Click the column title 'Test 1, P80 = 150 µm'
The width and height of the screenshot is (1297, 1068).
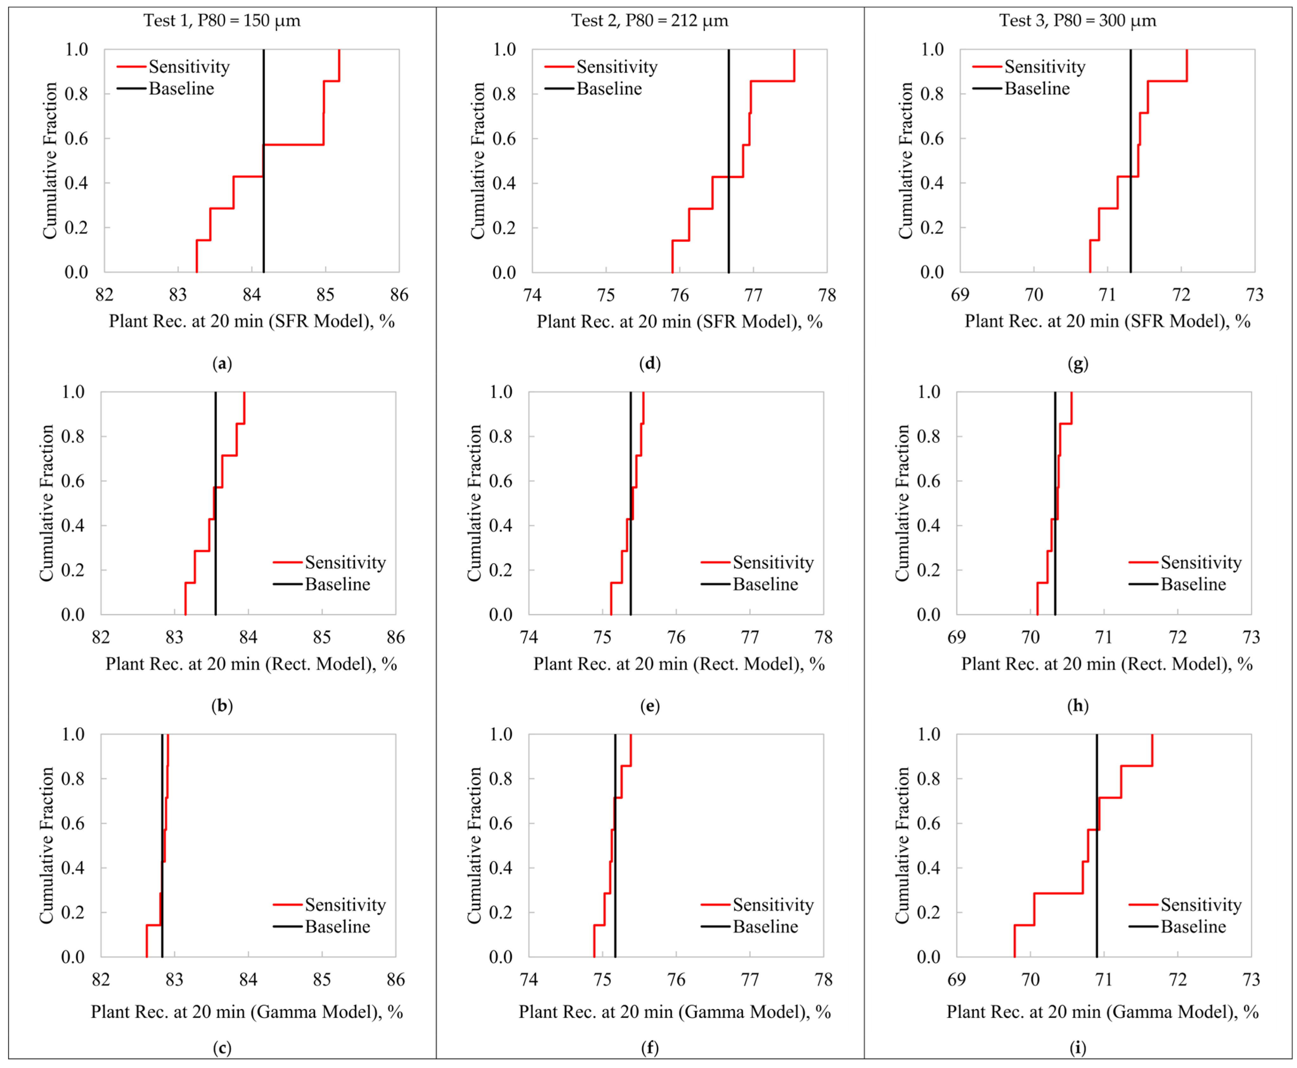point(222,21)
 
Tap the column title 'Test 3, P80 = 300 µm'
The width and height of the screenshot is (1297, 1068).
point(1077,21)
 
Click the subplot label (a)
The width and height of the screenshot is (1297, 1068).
point(222,364)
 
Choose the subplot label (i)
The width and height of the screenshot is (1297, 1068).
point(1077,1048)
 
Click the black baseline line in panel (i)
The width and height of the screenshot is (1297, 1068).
point(1096,861)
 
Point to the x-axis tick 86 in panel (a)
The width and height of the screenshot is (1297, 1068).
point(399,295)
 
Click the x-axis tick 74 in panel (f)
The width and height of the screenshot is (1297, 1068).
point(529,979)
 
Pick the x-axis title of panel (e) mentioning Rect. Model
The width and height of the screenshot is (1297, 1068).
point(679,664)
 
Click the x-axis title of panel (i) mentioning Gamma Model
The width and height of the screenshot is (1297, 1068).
point(1102,1012)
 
